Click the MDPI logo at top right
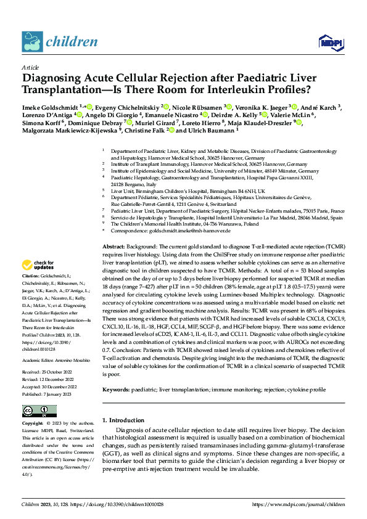328,41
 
